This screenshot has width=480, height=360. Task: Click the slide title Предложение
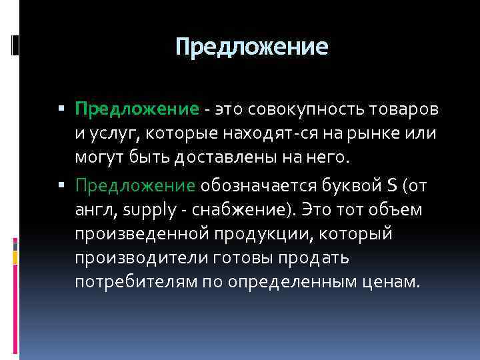pyautogui.click(x=252, y=47)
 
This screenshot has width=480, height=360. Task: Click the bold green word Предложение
pyautogui.click(x=137, y=109)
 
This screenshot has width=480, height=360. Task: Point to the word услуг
pyautogui.click(x=109, y=133)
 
